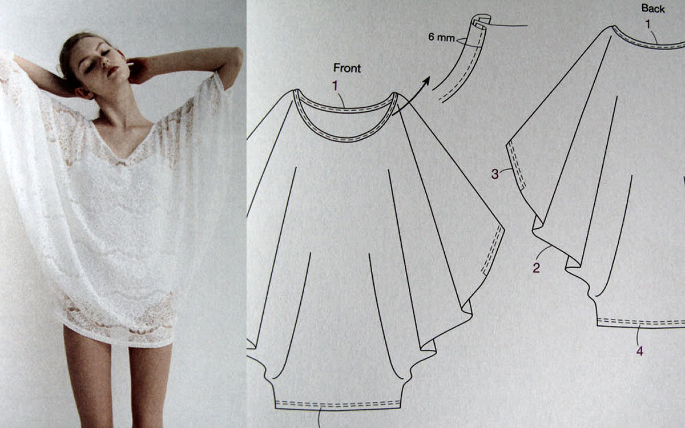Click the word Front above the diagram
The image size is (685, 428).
[347, 68]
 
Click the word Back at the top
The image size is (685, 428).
[653, 9]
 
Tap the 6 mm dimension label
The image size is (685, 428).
[441, 37]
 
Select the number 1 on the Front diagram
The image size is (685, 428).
[335, 86]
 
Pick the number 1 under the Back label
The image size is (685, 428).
[648, 24]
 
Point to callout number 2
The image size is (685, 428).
[537, 268]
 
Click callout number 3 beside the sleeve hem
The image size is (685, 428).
[495, 174]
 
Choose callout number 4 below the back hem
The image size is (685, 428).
[640, 351]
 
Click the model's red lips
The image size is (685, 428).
[112, 71]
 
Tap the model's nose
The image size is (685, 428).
[105, 63]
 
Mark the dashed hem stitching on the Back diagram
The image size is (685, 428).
[641, 322]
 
